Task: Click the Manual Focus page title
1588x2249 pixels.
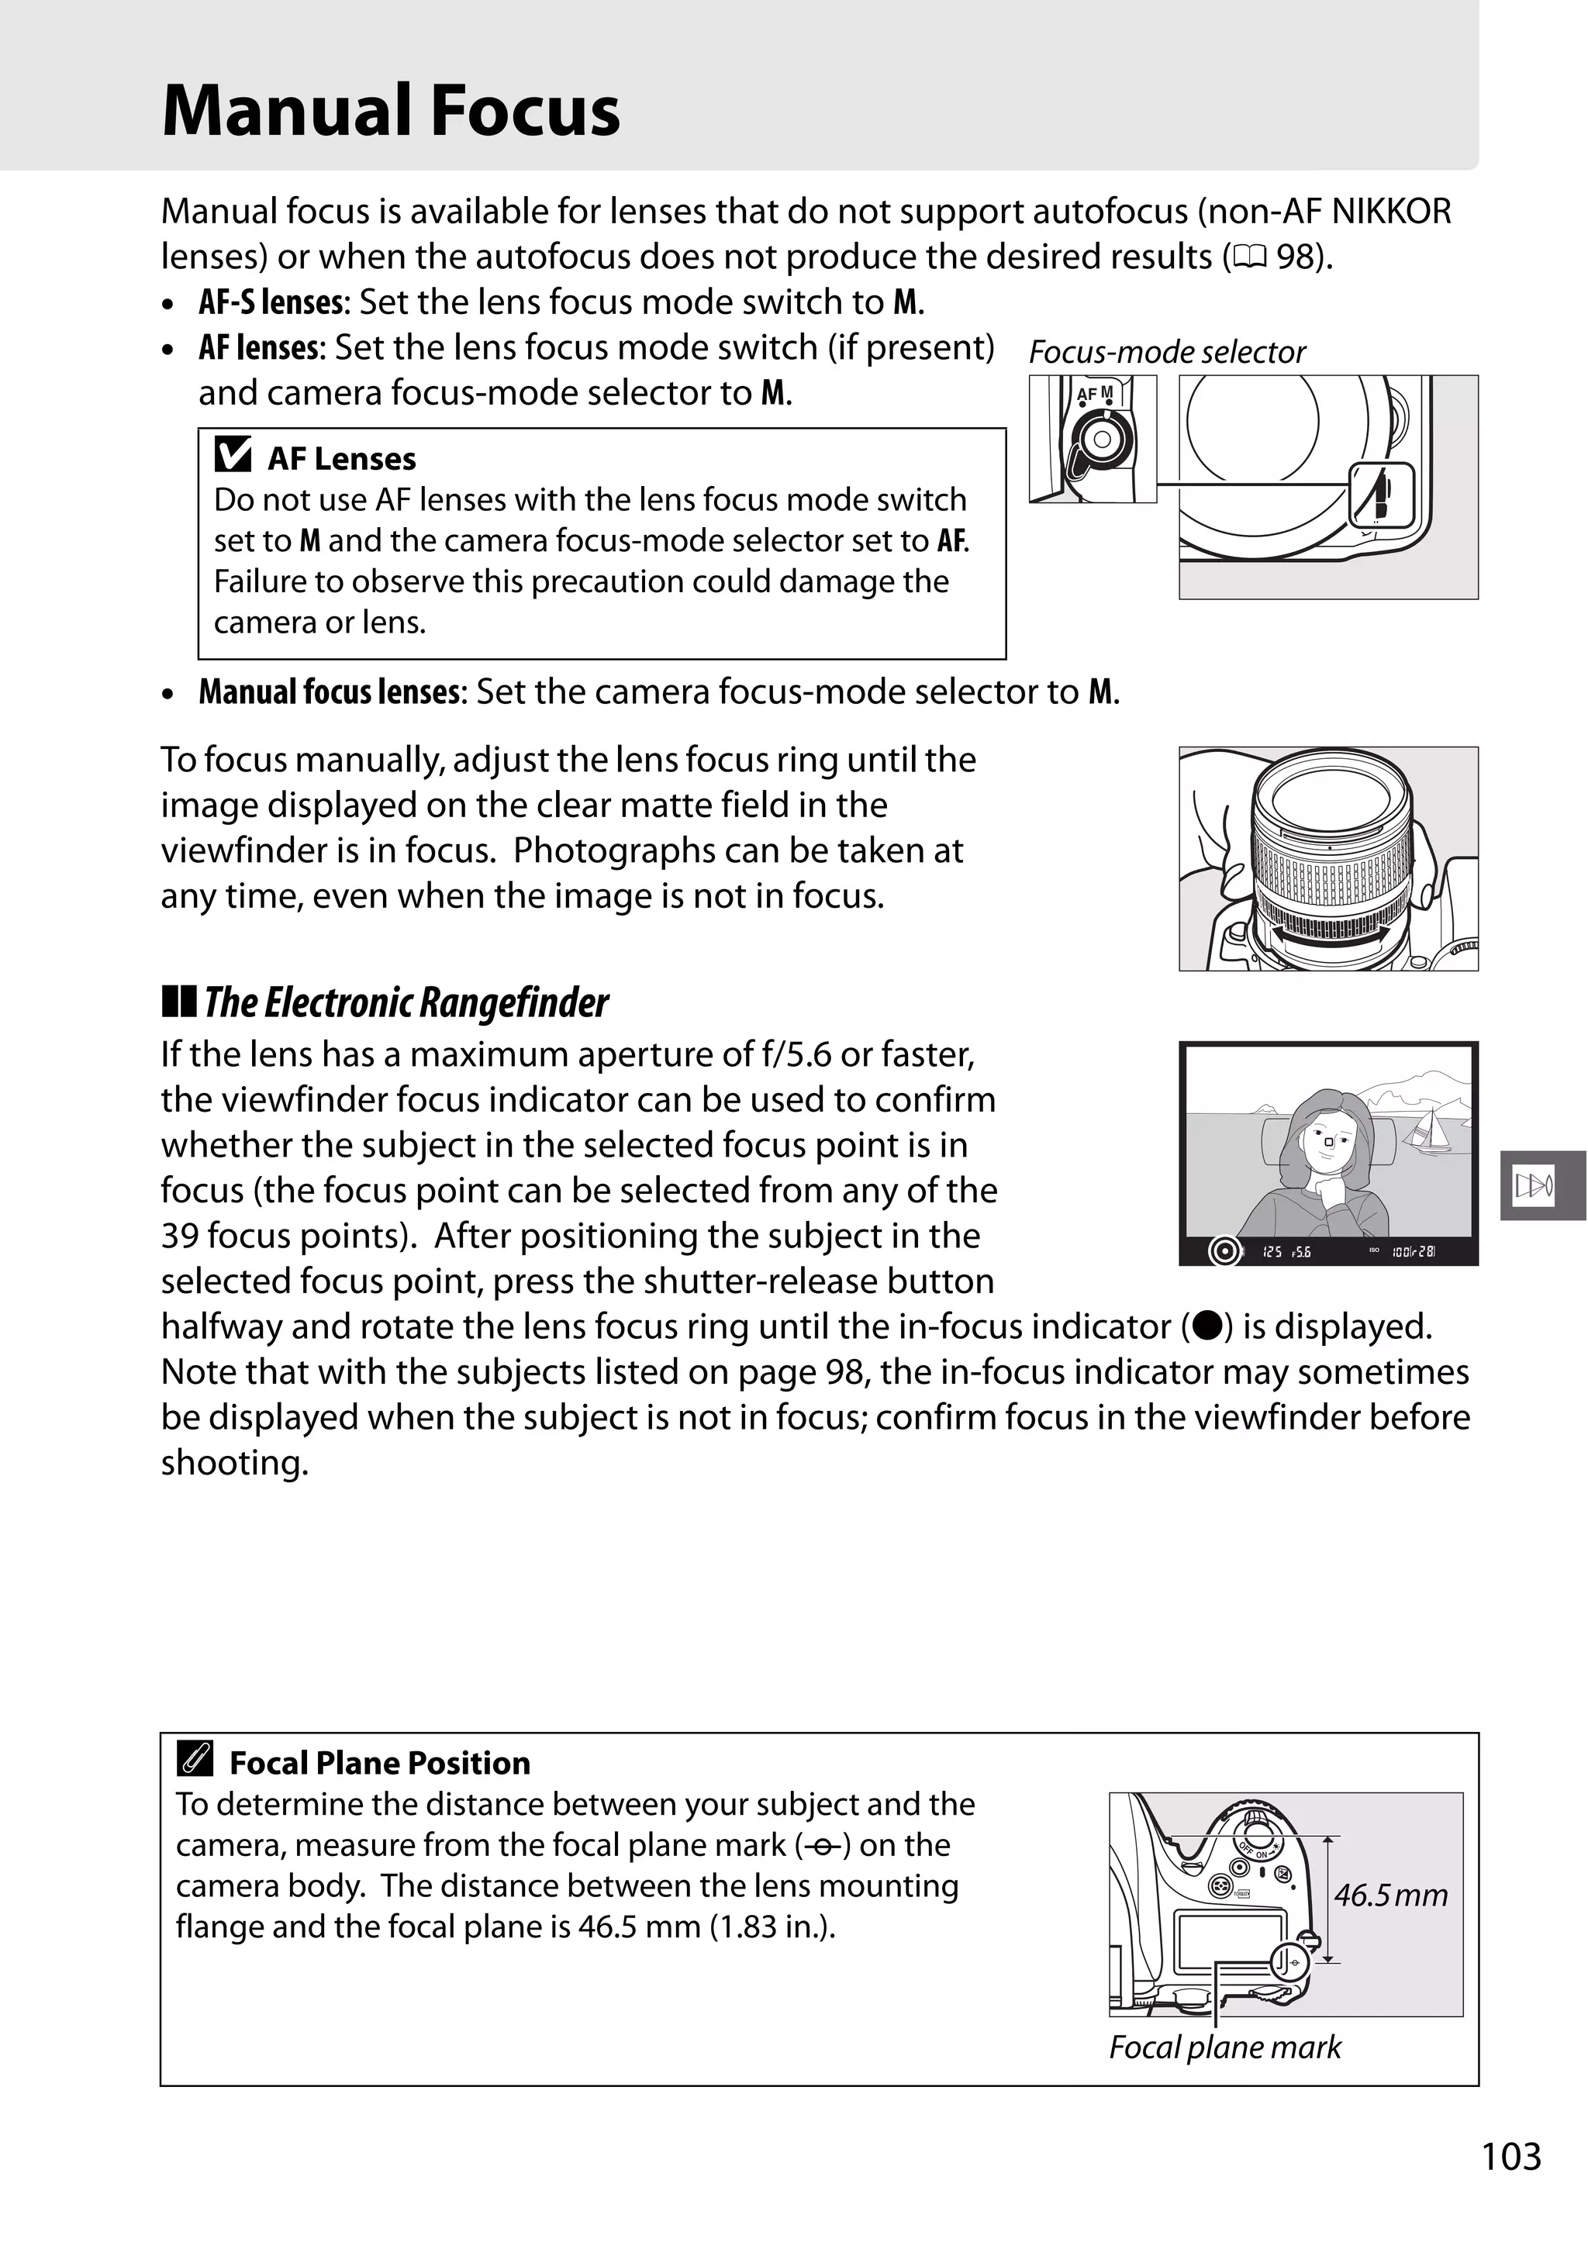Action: coord(391,111)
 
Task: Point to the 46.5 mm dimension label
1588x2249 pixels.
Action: coord(1390,1895)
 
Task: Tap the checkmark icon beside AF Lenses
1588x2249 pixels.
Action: coord(232,456)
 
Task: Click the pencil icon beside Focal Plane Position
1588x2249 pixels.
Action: coord(195,1762)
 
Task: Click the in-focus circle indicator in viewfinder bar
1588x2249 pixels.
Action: coord(1224,1250)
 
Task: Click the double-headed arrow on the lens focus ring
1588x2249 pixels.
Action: coord(1328,937)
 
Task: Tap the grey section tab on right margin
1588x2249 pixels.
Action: coord(1542,1186)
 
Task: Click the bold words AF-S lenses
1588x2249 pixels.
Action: coord(271,302)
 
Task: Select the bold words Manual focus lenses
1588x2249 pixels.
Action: coord(330,692)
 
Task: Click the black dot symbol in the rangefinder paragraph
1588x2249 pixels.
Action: coord(1206,1326)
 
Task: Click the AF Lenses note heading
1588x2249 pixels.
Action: coord(341,458)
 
